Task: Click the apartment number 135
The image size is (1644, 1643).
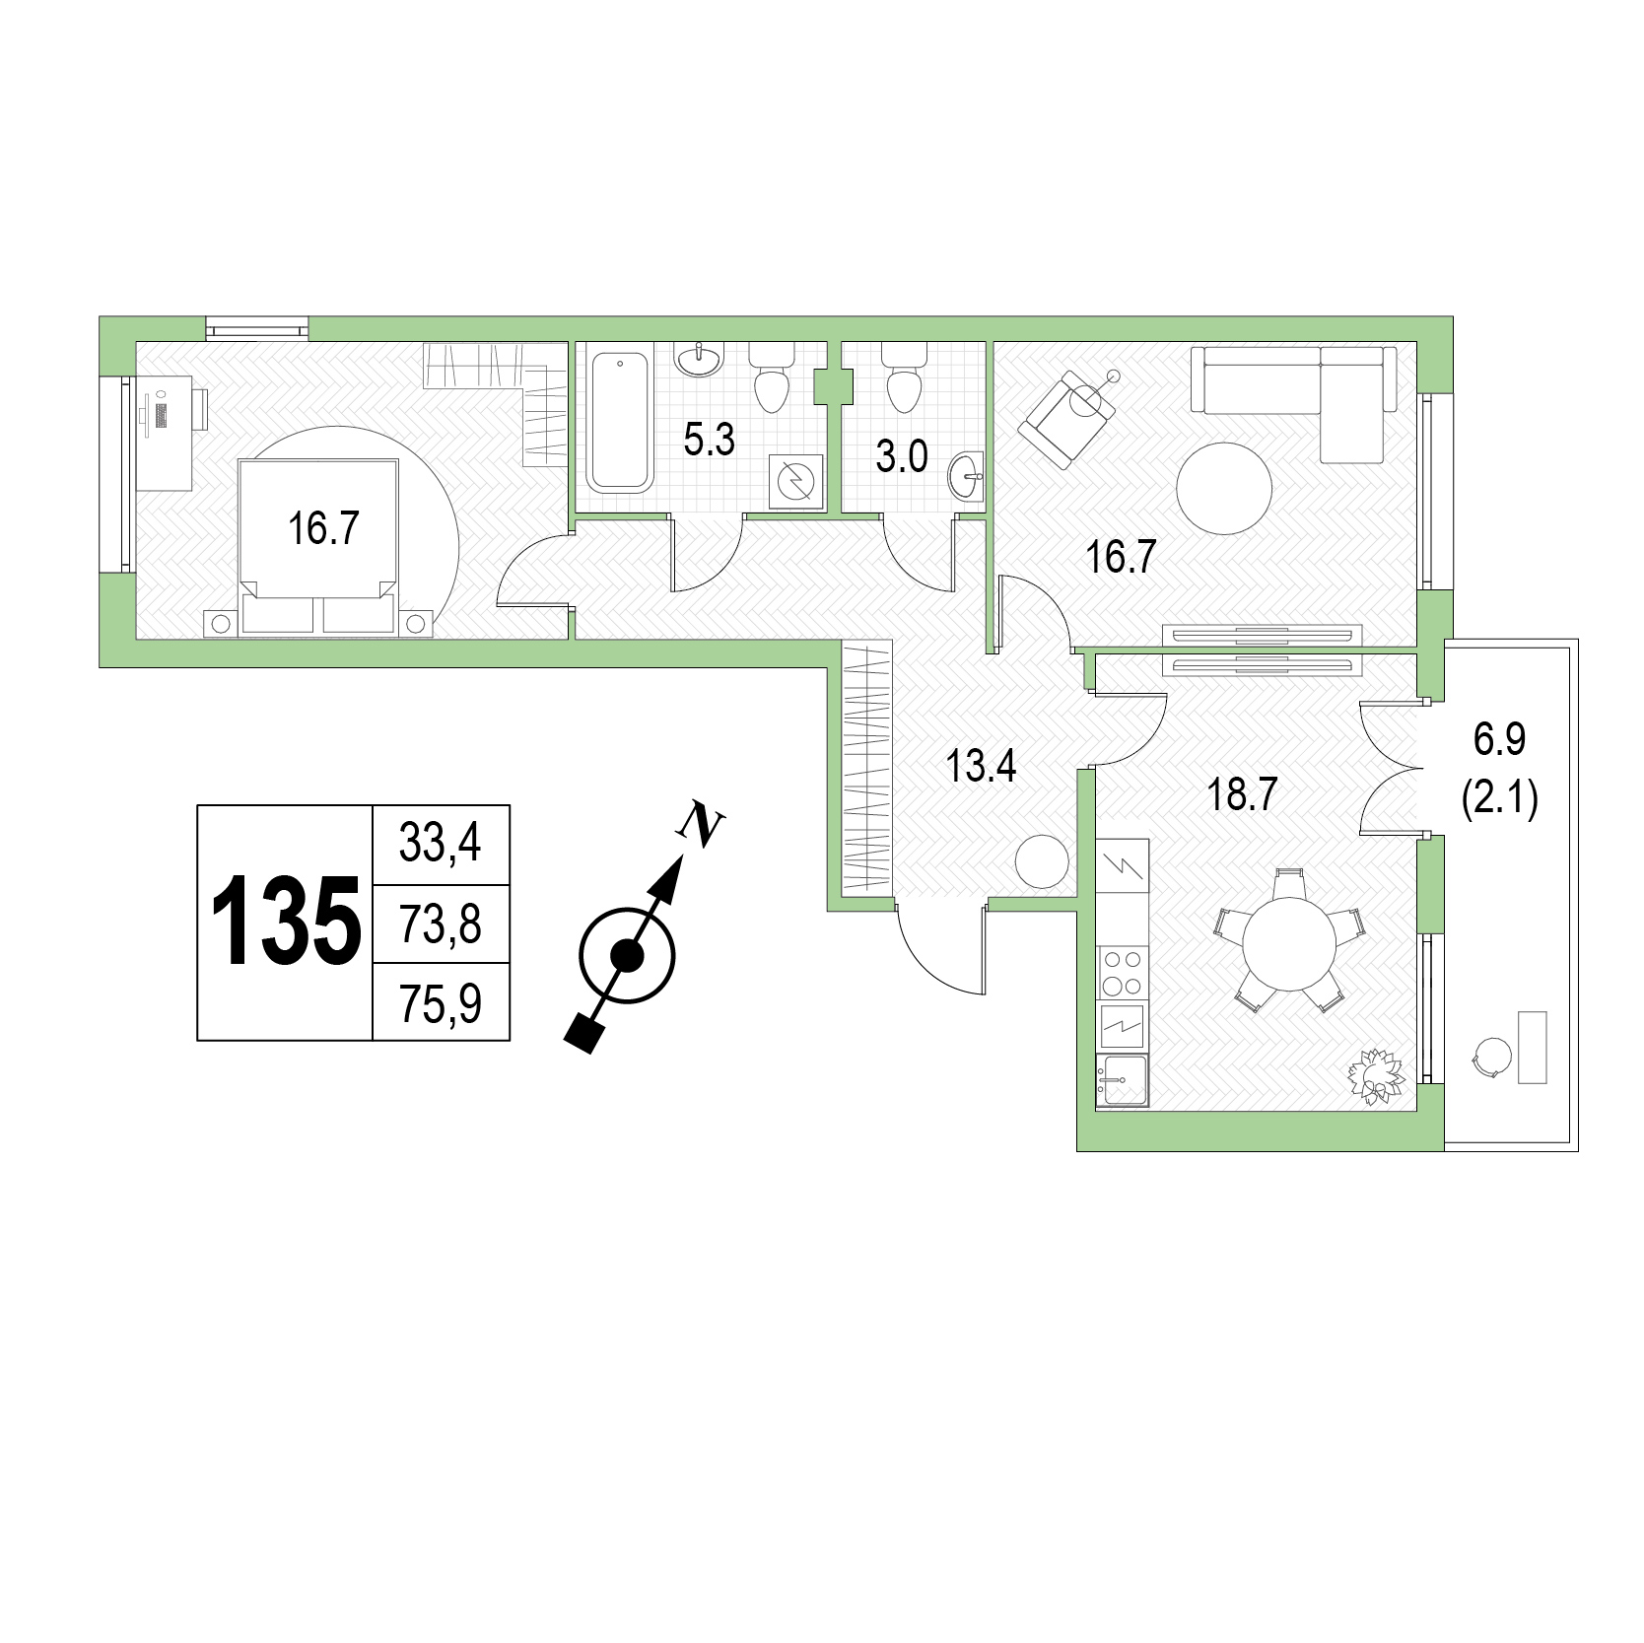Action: click(x=286, y=922)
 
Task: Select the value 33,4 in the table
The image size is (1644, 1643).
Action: click(x=440, y=844)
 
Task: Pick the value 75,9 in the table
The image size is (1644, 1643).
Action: click(x=441, y=1003)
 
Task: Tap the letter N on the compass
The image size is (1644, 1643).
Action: click(x=701, y=824)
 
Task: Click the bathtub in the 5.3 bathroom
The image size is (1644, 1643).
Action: click(x=620, y=422)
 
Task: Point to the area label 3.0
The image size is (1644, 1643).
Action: click(x=902, y=456)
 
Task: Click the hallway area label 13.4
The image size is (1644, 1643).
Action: click(x=981, y=766)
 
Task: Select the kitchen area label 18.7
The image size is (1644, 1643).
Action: click(x=1243, y=794)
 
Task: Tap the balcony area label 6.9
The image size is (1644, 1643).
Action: click(x=1499, y=738)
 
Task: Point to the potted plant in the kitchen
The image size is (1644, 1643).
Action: click(x=1376, y=1076)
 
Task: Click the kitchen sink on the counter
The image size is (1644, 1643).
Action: click(x=1123, y=1080)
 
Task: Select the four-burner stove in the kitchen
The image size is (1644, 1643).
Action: click(x=1123, y=972)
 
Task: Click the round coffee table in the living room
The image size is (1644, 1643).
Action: click(x=1224, y=488)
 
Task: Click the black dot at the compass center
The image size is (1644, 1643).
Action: click(x=627, y=954)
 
